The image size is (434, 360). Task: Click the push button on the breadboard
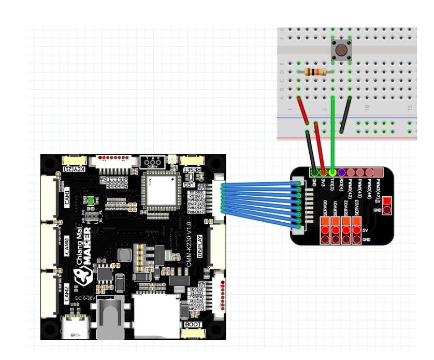point(341,50)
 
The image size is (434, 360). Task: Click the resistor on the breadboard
point(315,71)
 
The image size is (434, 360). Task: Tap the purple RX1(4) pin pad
point(341,172)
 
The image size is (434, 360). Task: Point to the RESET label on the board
point(193,169)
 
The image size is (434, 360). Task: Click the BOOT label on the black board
point(192,325)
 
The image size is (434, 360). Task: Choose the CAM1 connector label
point(67,199)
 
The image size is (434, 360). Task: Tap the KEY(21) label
point(74,169)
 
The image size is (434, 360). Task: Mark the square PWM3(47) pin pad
point(379,172)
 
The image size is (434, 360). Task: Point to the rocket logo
point(82,278)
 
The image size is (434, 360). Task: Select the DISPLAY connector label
point(200,243)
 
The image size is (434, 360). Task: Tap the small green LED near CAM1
point(91,201)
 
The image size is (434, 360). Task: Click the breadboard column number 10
point(367,108)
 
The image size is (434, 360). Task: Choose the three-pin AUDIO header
point(150,163)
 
